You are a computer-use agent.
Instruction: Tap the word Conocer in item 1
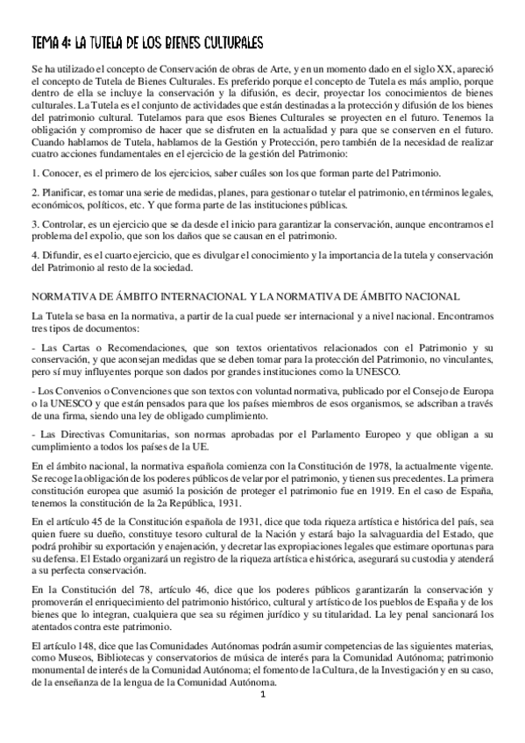point(60,173)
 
